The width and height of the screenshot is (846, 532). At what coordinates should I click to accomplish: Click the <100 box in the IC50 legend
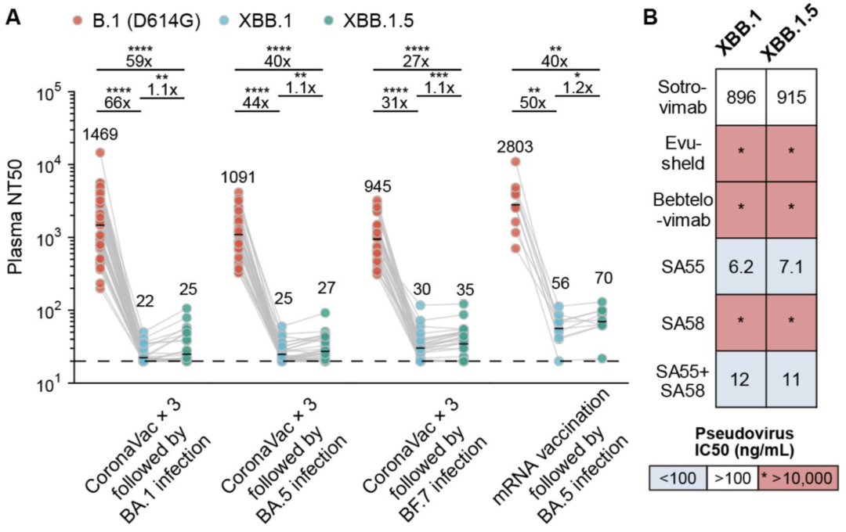[681, 476]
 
